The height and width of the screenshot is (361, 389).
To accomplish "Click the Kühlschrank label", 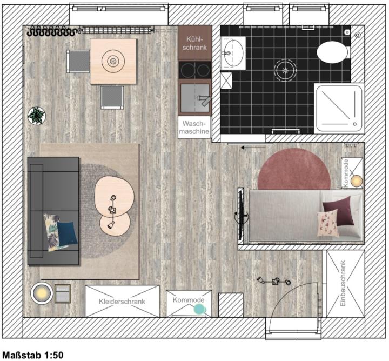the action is point(194,43).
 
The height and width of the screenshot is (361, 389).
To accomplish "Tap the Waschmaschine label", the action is point(194,128).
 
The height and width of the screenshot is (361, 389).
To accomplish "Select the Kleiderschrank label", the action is point(122,302).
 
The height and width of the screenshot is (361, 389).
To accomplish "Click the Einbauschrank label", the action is point(343,283).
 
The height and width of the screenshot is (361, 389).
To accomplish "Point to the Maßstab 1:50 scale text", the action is point(33,355).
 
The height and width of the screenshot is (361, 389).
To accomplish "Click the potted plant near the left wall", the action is point(37,116).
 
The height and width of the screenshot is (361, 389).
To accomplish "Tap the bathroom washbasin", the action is point(233,54).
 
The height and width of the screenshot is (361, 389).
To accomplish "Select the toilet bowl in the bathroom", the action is point(332,52).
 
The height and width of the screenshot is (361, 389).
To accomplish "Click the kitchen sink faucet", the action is point(205,100).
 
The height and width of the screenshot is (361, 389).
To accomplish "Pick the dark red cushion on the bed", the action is point(338,210).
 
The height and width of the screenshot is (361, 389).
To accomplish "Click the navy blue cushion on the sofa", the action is point(68,233).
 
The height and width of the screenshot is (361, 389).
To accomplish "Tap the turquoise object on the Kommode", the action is point(200,309).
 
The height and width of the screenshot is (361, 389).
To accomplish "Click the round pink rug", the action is point(294,169).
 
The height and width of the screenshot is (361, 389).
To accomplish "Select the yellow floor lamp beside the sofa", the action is point(42,293).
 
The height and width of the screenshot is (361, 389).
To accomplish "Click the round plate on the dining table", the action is point(113,61).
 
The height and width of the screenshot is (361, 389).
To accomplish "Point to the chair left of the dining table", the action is point(78,61).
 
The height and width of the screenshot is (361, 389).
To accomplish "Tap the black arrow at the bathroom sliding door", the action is point(253,148).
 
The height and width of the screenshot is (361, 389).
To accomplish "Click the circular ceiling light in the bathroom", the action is point(285,70).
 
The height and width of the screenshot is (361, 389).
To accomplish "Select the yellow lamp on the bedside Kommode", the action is point(357,181).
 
